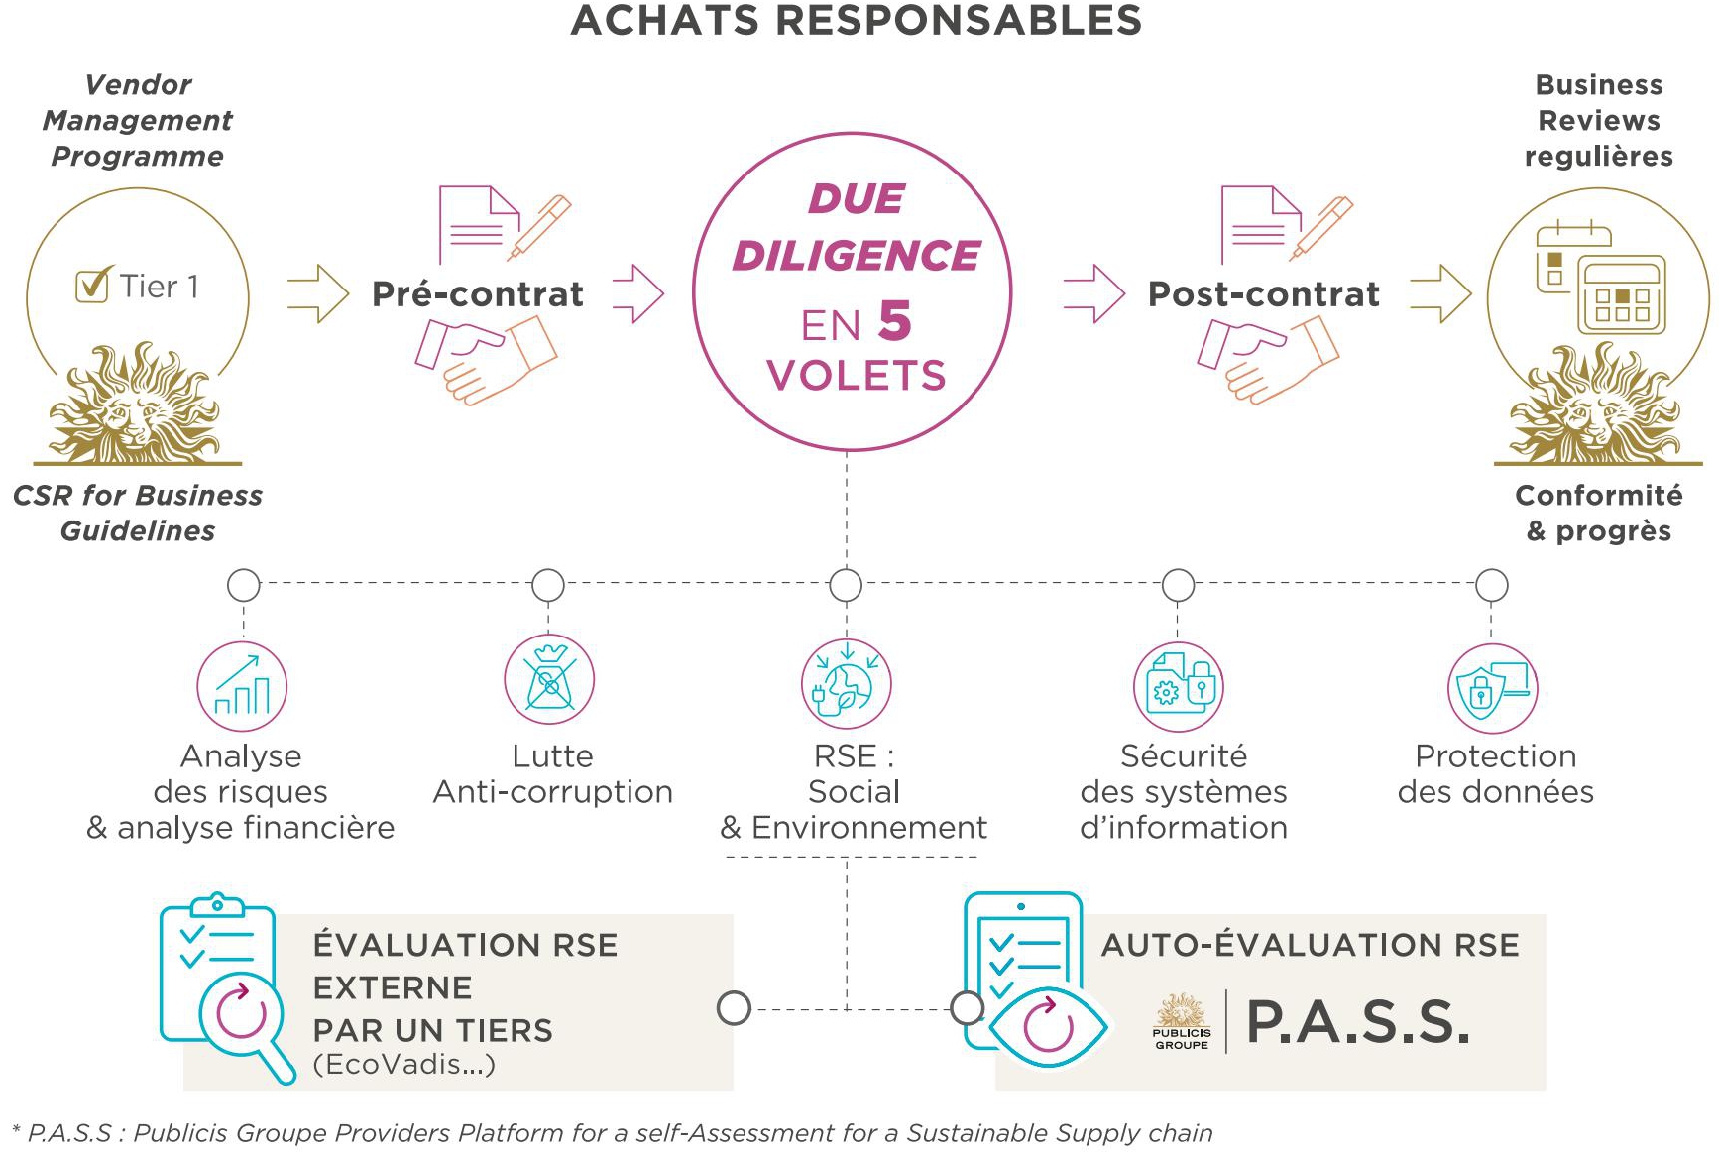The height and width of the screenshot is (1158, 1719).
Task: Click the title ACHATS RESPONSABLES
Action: click(x=857, y=20)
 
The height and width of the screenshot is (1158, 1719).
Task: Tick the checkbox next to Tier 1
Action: click(x=92, y=286)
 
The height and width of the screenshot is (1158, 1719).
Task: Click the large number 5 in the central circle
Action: click(x=894, y=321)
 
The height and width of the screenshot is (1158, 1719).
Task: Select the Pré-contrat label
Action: click(x=478, y=294)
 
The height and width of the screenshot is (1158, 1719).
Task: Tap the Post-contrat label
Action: click(x=1264, y=294)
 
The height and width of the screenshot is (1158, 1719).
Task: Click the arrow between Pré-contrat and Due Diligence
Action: click(x=638, y=293)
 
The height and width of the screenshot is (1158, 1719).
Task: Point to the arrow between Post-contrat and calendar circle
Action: click(x=1441, y=293)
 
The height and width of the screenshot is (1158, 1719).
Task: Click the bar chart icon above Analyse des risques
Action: click(x=242, y=686)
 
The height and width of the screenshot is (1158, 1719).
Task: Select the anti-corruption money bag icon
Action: click(x=549, y=680)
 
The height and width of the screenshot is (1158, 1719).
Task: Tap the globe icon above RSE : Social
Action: click(x=847, y=684)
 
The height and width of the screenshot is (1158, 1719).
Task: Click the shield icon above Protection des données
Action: click(x=1493, y=688)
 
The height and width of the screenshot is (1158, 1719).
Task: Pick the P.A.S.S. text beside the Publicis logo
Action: click(x=1358, y=1022)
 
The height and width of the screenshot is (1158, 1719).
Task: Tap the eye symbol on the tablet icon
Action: click(x=1048, y=1026)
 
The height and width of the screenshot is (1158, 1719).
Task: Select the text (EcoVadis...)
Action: click(x=404, y=1065)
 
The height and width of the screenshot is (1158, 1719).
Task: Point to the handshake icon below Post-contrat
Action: click(x=1268, y=359)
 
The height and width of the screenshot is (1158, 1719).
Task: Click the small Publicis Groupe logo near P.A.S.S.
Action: click(x=1182, y=1021)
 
